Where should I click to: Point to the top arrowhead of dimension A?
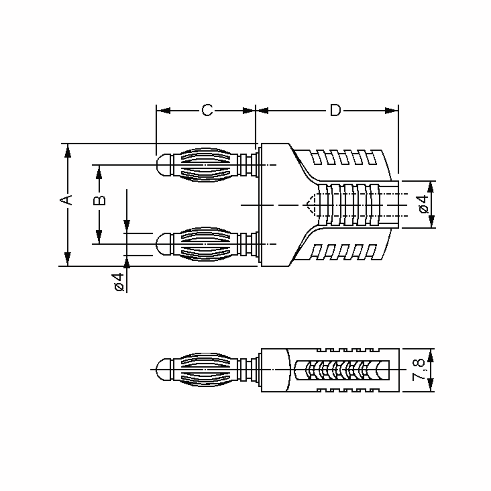(x=68, y=151)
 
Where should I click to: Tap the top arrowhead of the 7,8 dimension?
(x=430, y=356)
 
